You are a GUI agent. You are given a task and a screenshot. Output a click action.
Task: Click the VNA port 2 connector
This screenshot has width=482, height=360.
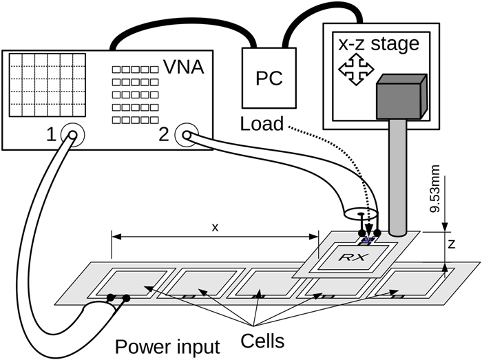point(185,136)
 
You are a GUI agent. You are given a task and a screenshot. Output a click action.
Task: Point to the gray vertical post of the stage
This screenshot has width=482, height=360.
point(399,172)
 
